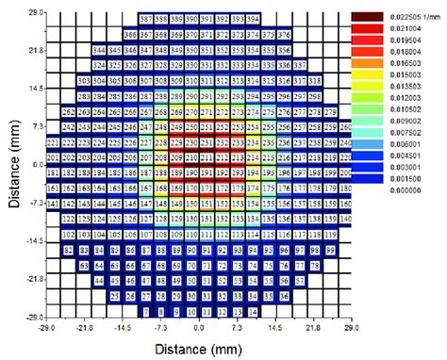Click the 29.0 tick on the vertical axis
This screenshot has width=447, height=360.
coord(36,12)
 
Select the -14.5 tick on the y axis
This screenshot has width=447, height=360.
coord(34,241)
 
